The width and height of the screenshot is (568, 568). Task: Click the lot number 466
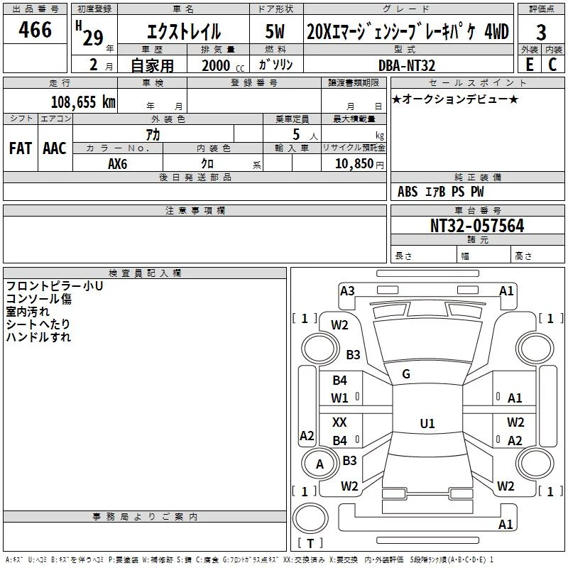pyautogui.click(x=35, y=30)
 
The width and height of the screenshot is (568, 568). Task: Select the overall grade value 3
pyautogui.click(x=541, y=32)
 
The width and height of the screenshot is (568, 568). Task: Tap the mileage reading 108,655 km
pyautogui.click(x=83, y=102)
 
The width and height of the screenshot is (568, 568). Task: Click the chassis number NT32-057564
pyautogui.click(x=477, y=226)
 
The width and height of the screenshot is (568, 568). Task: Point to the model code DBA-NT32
pyautogui.click(x=407, y=65)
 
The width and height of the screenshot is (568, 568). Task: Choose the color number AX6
pyautogui.click(x=118, y=164)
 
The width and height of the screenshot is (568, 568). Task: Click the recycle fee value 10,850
pyautogui.click(x=354, y=164)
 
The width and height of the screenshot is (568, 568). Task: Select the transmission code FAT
pyautogui.click(x=21, y=148)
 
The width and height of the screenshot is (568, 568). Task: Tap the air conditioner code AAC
pyautogui.click(x=55, y=148)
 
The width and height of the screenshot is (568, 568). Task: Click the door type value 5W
pyautogui.click(x=275, y=31)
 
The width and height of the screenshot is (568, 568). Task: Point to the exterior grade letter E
pyautogui.click(x=530, y=65)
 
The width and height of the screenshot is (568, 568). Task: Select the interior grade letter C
pyautogui.click(x=552, y=65)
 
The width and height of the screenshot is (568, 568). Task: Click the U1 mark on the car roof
pyautogui.click(x=427, y=423)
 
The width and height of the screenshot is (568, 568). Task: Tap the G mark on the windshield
pyautogui.click(x=406, y=374)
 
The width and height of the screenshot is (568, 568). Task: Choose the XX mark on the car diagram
pyautogui.click(x=339, y=422)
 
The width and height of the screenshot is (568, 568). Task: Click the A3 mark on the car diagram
pyautogui.click(x=347, y=291)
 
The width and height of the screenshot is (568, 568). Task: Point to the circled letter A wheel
pyautogui.click(x=320, y=464)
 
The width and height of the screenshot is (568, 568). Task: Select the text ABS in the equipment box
pyautogui.click(x=408, y=192)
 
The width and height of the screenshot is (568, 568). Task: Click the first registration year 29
pyautogui.click(x=93, y=38)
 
